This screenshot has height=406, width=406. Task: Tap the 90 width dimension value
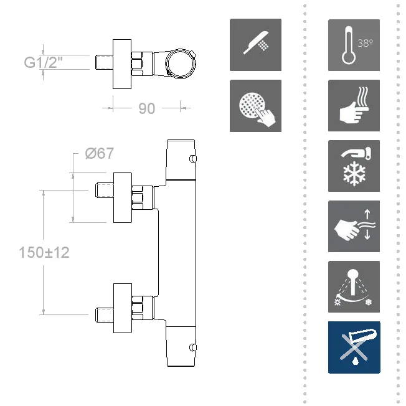coord(146,108)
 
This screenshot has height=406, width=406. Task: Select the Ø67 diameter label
coord(100,153)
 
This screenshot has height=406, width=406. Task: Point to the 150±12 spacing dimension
coord(44,252)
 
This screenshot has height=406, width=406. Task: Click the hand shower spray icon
coord(255,45)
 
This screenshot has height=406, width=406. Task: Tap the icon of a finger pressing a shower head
coord(255,106)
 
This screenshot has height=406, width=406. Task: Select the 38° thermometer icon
coord(354,45)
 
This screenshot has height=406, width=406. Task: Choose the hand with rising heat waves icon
coord(354,106)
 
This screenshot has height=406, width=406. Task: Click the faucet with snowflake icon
coord(354,166)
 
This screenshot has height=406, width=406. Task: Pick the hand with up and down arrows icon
coord(354,227)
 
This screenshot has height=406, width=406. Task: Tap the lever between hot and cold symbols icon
coord(354,287)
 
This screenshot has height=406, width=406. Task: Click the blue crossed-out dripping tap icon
coord(354,347)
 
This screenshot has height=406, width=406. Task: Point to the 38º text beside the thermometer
coord(366,44)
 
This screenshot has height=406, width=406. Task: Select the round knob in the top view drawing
coord(181,62)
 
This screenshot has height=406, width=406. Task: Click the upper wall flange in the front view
coord(123,196)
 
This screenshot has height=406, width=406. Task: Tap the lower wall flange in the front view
coord(123,307)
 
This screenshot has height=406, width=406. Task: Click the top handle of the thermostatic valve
coord(181,160)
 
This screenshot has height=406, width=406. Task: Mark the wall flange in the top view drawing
coord(122,62)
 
